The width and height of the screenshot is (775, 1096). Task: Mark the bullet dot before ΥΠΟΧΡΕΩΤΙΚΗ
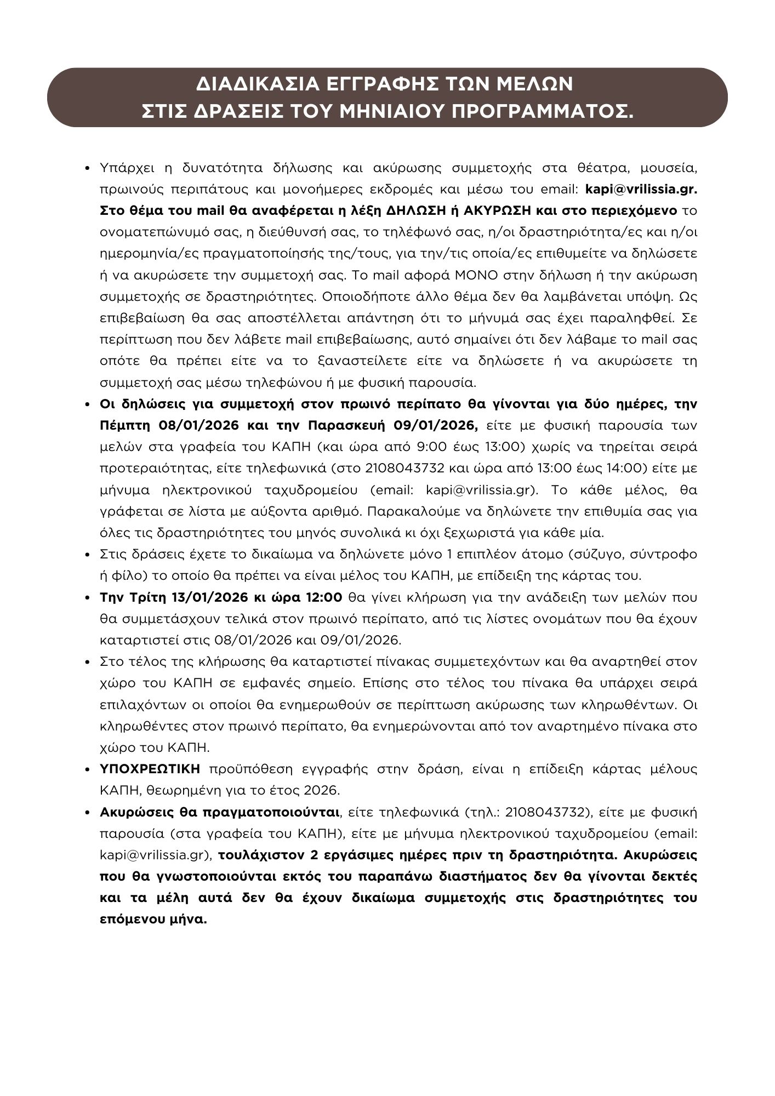[x=88, y=769]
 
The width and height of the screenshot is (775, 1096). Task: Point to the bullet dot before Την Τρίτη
[x=88, y=597]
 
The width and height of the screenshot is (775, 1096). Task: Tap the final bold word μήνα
[x=190, y=920]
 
